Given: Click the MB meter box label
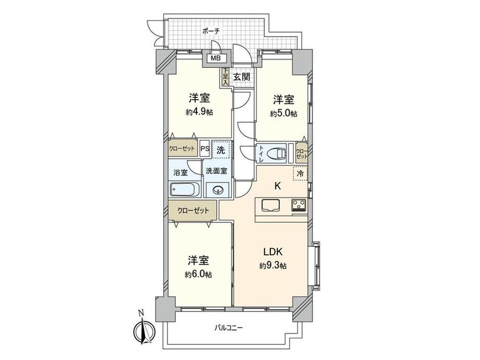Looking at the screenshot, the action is pos(216,58).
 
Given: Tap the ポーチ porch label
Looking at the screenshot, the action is pos(211,31).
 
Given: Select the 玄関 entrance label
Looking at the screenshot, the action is pos(242,77).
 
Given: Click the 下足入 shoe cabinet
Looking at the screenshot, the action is pos(225,76).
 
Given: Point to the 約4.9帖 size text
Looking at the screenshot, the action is pos(199,112).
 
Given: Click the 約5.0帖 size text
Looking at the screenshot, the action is pos(283,114).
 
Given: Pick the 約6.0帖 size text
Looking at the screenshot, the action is pos(198,274).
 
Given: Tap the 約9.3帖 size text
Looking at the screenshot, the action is pos(273,266).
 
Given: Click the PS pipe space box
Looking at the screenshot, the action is pos(205,149).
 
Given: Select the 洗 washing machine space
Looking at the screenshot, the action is pos(221,150).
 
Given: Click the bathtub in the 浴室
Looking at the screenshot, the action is pos(185,190).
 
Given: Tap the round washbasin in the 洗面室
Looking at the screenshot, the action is pos(218,190).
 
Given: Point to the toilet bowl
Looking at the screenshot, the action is pos(277,152).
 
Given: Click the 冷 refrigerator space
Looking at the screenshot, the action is pos(301,174).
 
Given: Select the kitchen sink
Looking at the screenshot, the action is pos(271,205).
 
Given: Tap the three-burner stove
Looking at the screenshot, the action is pos(299,205).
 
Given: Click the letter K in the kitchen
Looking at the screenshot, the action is pos(278,186).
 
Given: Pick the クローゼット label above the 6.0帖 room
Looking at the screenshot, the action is pos(193,211).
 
